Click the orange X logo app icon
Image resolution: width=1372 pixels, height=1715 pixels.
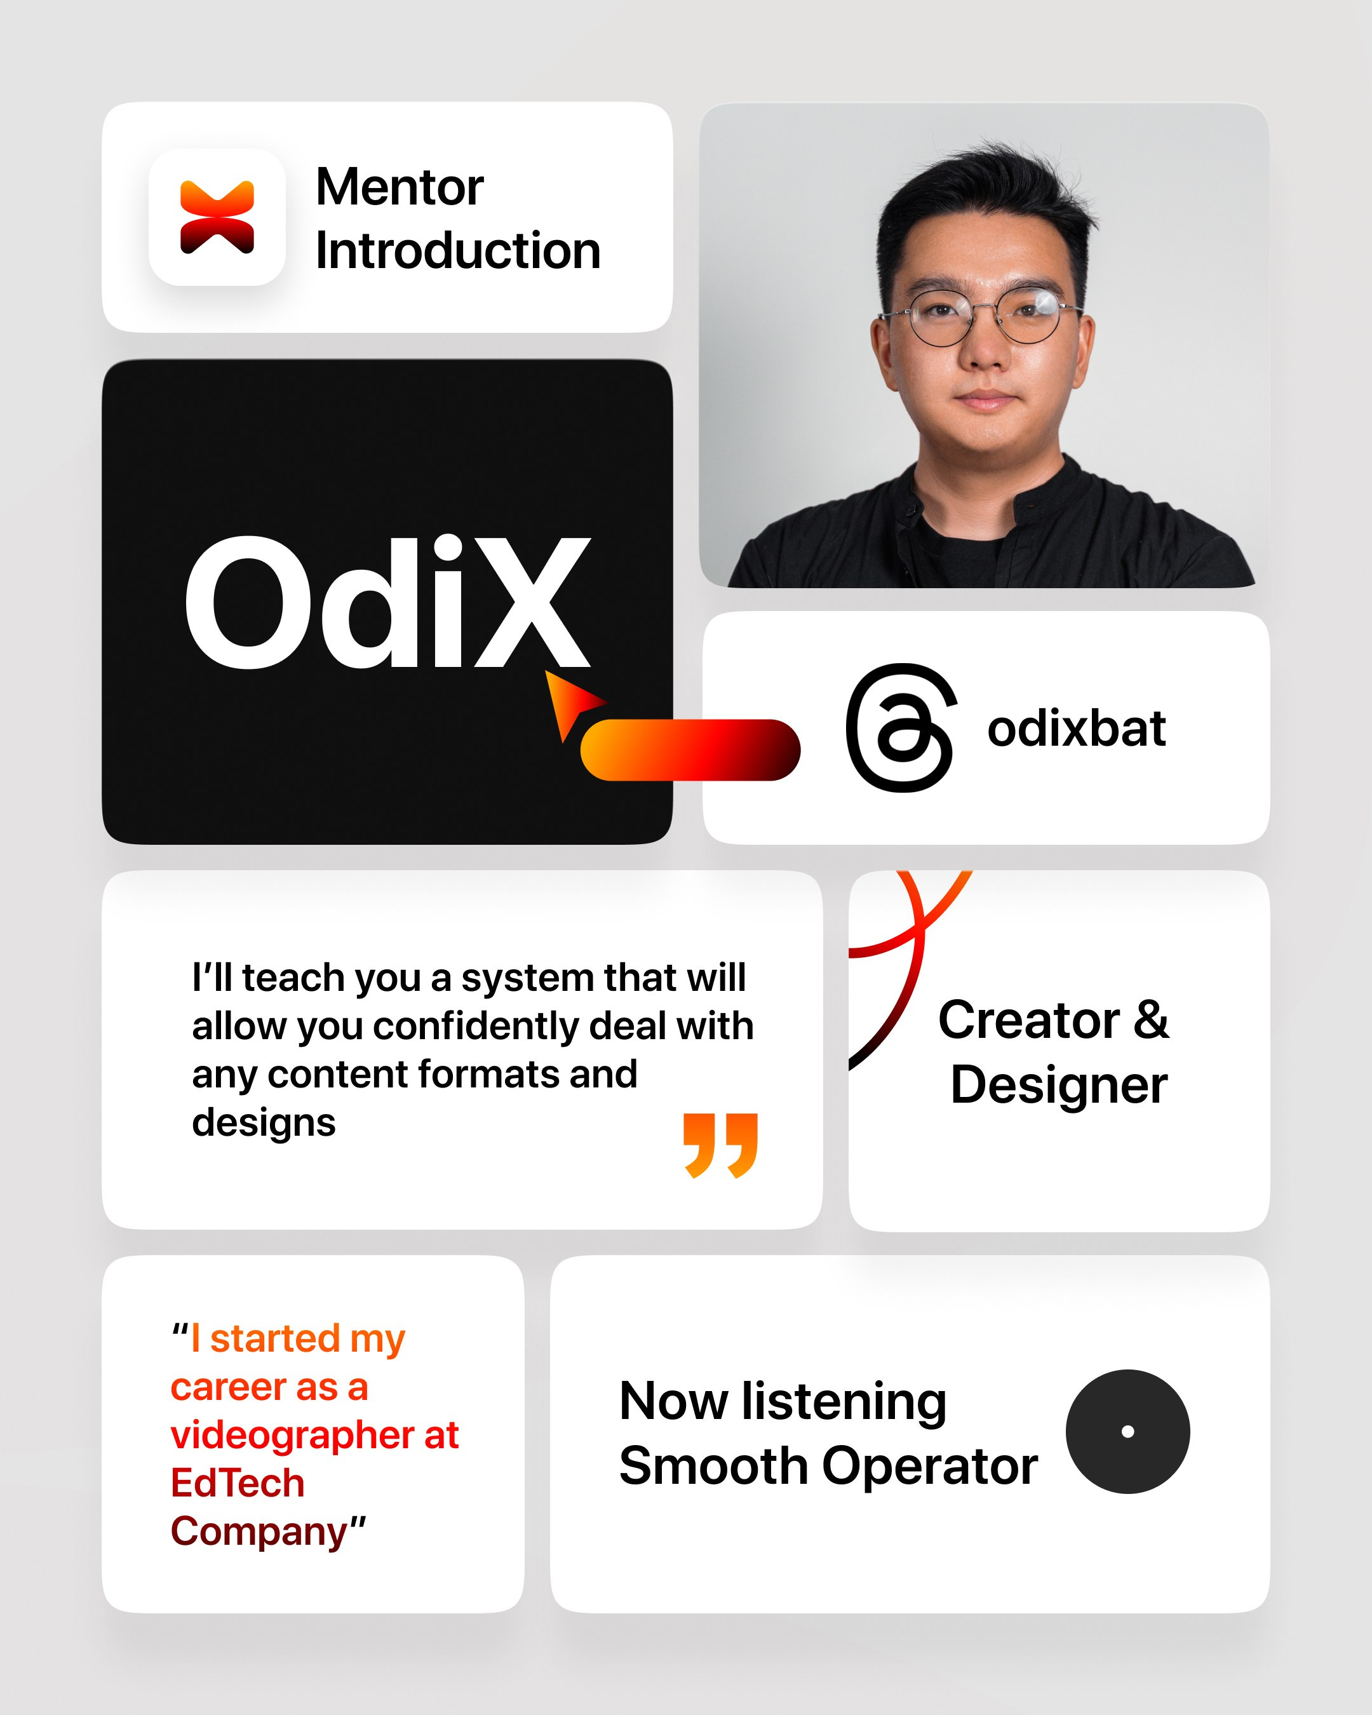[217, 217]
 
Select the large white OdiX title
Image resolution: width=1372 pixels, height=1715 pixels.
[387, 602]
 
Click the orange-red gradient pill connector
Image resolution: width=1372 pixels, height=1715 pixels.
[690, 750]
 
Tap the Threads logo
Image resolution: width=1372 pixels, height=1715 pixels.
[900, 727]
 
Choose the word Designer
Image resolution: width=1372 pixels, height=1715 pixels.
[1059, 1085]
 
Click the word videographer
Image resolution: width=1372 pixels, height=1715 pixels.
[291, 1436]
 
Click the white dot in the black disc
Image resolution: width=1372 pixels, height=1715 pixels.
[1127, 1432]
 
